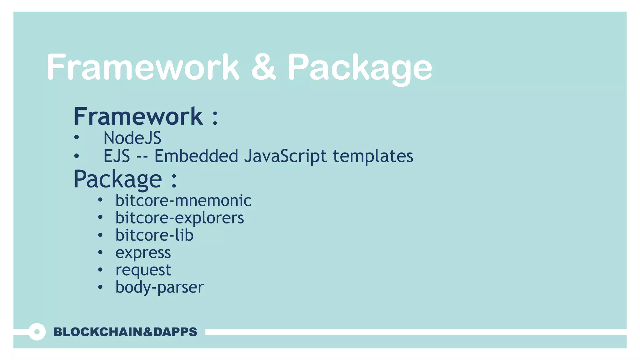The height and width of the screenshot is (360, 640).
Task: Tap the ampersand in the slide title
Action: [x=263, y=67]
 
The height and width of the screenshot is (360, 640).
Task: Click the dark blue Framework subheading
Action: [x=138, y=116]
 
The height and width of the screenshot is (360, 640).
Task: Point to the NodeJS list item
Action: [x=132, y=138]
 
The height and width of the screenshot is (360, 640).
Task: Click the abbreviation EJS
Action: [x=117, y=156]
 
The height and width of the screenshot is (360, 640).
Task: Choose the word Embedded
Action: [x=196, y=156]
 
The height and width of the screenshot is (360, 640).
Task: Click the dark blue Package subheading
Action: [x=118, y=179]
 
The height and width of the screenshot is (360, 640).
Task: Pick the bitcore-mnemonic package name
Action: [x=183, y=200]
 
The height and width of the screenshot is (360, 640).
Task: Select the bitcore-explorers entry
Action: [x=179, y=218]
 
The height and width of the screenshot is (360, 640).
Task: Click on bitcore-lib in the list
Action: [x=154, y=235]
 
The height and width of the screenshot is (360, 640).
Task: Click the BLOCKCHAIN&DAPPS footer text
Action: [x=125, y=332]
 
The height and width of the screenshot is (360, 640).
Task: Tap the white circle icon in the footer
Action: [x=37, y=332]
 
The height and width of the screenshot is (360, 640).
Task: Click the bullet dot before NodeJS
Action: [x=77, y=138]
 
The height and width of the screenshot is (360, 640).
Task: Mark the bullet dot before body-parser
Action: [x=100, y=287]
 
